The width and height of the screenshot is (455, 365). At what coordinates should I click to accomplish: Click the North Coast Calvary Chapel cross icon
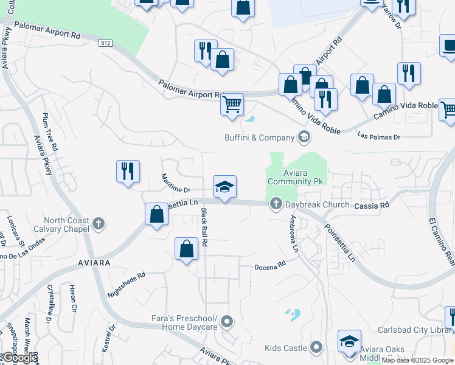[100, 224]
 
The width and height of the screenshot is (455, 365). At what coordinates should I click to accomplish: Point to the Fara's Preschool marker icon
[227, 321]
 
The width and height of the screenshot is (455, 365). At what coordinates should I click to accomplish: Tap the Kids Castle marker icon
[316, 348]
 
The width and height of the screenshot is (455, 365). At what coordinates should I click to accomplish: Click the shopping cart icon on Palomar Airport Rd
[232, 105]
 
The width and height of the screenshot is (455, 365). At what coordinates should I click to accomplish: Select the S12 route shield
[106, 43]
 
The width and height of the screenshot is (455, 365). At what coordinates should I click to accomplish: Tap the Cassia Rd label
[372, 206]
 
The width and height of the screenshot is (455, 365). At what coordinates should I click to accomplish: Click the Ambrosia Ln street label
[294, 234]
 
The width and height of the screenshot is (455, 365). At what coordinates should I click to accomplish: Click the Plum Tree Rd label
[49, 131]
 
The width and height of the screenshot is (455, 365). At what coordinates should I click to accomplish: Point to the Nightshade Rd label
[127, 283]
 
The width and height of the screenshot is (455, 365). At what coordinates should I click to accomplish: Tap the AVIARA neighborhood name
[94, 262]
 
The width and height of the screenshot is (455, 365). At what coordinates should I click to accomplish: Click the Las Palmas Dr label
[379, 136]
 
